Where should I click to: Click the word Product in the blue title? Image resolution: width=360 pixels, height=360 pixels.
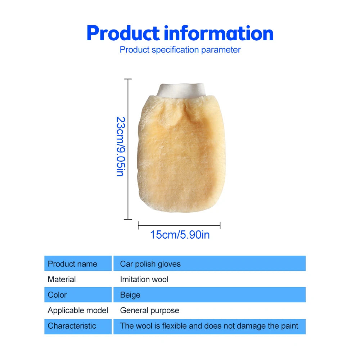click(123, 33)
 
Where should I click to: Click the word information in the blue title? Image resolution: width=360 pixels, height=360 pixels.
click(219, 33)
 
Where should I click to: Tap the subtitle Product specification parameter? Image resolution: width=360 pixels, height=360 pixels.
click(180, 50)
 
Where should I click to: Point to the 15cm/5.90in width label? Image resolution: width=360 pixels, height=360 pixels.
click(180, 235)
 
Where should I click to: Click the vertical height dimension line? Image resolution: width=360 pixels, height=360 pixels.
click(128, 149)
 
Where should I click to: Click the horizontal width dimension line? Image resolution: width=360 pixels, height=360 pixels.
click(179, 226)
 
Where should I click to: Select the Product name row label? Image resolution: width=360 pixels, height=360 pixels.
click(72, 264)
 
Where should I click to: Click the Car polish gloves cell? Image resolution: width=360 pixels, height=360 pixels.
click(150, 264)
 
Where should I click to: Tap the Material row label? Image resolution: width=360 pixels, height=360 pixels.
click(62, 279)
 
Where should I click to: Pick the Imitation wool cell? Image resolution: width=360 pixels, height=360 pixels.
click(144, 279)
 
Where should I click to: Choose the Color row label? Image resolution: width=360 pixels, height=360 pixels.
click(57, 295)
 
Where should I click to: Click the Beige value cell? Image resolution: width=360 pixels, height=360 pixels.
click(130, 295)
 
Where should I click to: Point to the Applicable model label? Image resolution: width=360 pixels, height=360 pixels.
click(78, 310)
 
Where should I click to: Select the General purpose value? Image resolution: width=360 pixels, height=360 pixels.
click(149, 310)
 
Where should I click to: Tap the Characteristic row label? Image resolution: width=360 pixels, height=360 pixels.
click(72, 326)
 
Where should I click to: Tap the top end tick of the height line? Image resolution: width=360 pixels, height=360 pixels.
click(128, 79)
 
